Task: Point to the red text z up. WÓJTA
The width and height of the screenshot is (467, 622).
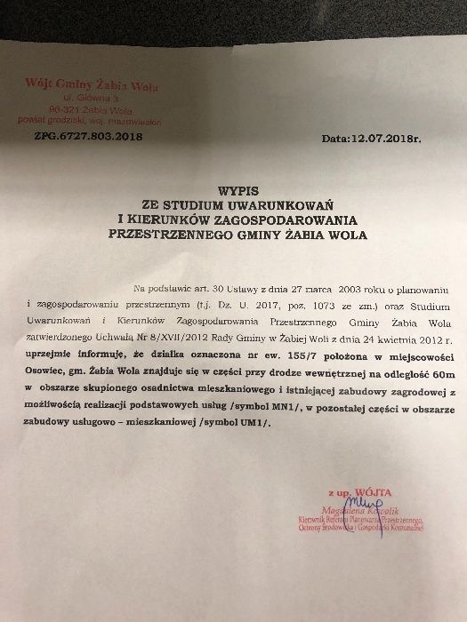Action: coord(356,490)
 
